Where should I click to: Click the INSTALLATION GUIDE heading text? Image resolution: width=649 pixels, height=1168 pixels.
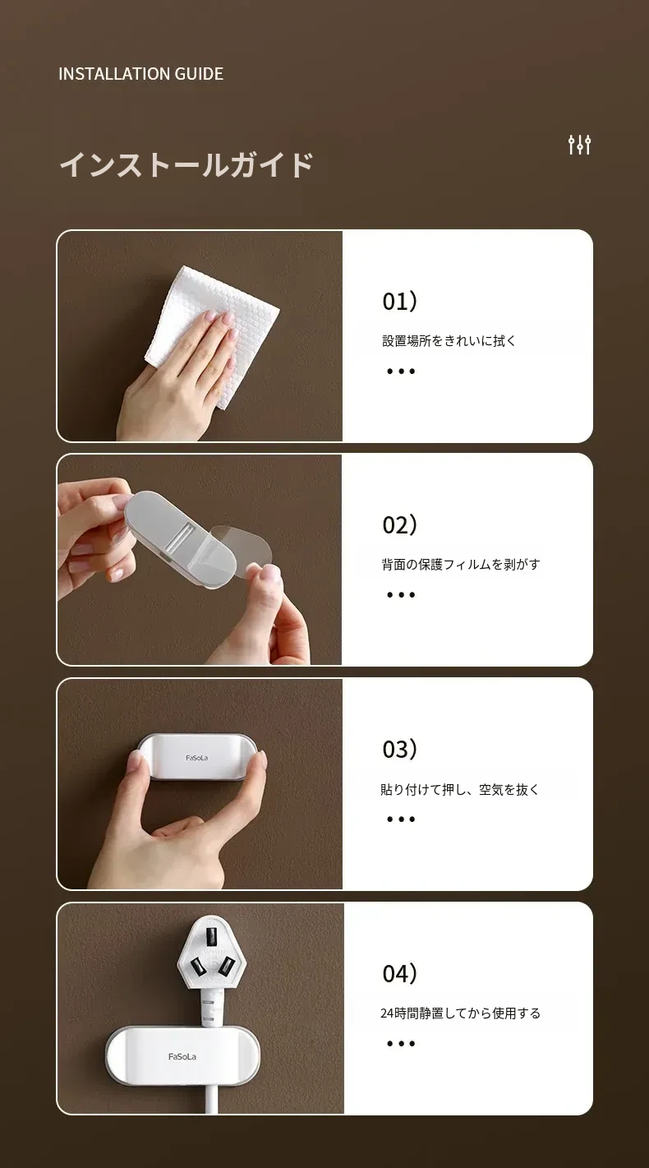pyautogui.click(x=140, y=74)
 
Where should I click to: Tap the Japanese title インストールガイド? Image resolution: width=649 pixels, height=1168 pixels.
pyautogui.click(x=186, y=164)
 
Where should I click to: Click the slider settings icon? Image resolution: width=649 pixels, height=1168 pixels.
pyautogui.click(x=579, y=145)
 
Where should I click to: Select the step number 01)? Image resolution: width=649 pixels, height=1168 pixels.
pyautogui.click(x=399, y=302)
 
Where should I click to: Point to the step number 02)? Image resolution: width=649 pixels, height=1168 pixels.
pyautogui.click(x=399, y=525)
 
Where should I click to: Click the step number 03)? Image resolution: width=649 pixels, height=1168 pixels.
pyautogui.click(x=399, y=750)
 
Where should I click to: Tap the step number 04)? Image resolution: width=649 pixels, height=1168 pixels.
pyautogui.click(x=399, y=973)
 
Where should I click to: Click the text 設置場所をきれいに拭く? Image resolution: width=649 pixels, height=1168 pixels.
pyautogui.click(x=449, y=341)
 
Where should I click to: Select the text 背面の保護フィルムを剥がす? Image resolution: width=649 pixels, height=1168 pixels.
pyautogui.click(x=461, y=565)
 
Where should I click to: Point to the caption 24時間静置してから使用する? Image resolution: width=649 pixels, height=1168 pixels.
pyautogui.click(x=460, y=1013)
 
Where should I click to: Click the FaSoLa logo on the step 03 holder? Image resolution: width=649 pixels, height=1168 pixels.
pyautogui.click(x=196, y=758)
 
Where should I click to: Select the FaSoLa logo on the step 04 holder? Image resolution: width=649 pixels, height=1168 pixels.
pyautogui.click(x=182, y=1056)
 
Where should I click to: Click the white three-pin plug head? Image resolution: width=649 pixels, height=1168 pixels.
pyautogui.click(x=210, y=953)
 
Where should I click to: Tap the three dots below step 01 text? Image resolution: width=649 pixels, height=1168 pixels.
pyautogui.click(x=401, y=372)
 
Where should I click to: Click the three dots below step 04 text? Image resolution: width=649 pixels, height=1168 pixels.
pyautogui.click(x=401, y=1043)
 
